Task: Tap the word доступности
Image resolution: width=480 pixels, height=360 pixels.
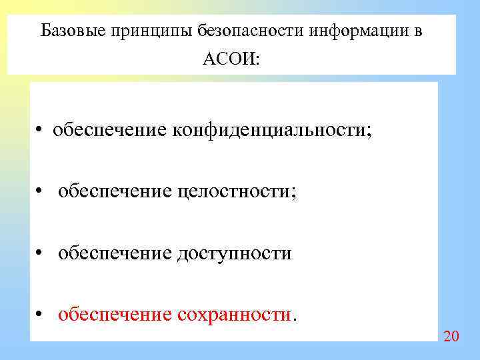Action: [234, 253]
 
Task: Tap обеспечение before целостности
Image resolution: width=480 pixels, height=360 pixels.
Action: [115, 191]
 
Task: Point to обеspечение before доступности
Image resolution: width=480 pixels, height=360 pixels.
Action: [115, 253]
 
